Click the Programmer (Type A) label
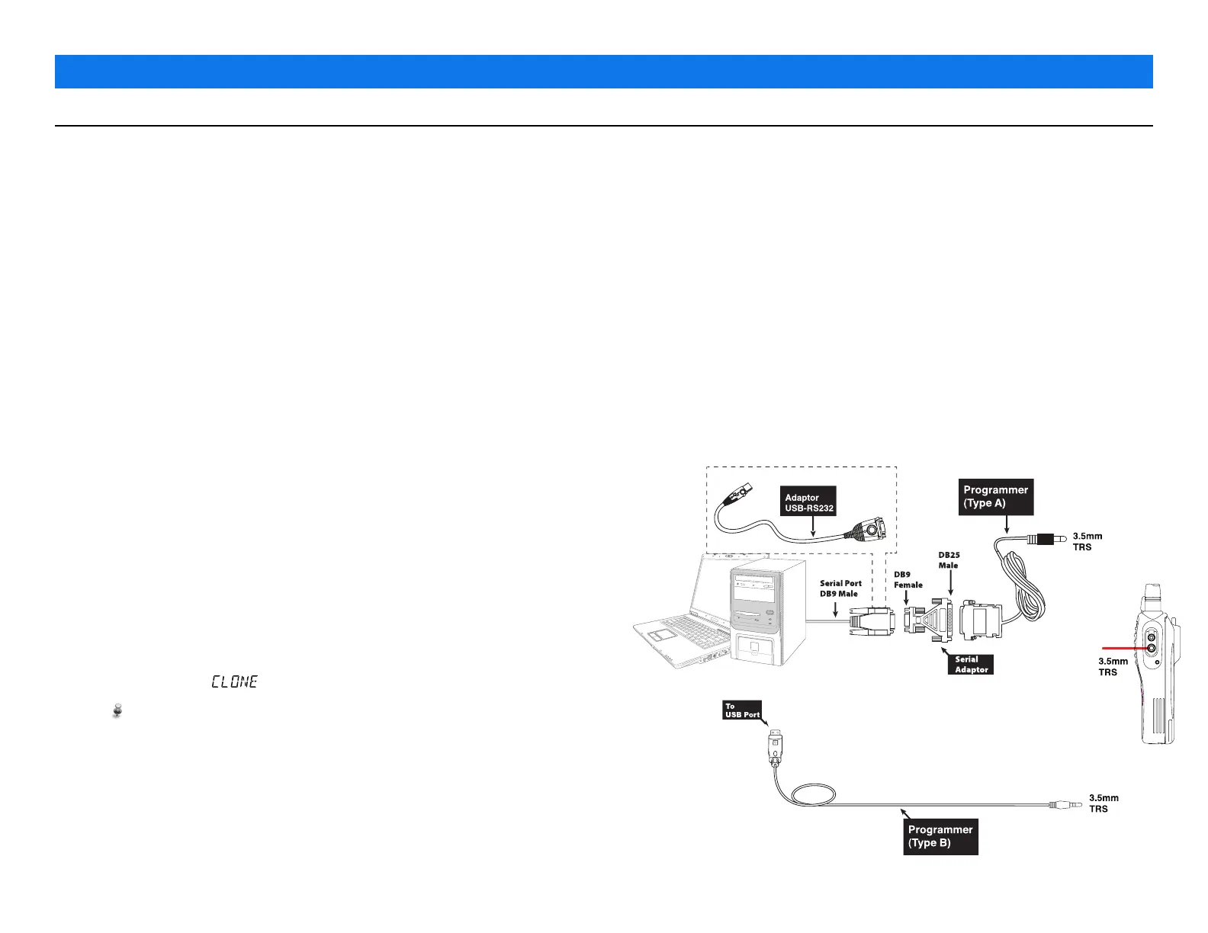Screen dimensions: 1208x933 click(x=995, y=496)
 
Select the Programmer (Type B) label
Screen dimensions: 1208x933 click(x=940, y=836)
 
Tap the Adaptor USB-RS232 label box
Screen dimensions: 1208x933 click(x=809, y=502)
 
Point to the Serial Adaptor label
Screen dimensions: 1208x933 click(x=971, y=665)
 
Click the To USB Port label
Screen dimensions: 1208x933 click(x=742, y=710)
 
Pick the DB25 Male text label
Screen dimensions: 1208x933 click(x=949, y=560)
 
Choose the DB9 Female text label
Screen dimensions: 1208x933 click(x=908, y=580)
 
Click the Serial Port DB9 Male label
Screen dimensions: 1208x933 click(x=840, y=588)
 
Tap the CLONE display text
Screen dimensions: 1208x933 click(x=234, y=681)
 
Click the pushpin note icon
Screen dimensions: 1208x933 click(x=117, y=711)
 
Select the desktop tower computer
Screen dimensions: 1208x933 click(x=767, y=614)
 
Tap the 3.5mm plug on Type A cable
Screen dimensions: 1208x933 click(x=1048, y=539)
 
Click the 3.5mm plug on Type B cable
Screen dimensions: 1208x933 click(x=1063, y=804)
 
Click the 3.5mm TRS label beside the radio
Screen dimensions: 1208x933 click(x=1113, y=667)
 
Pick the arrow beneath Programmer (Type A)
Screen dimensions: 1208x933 click(x=1007, y=524)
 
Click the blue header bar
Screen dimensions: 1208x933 click(x=603, y=72)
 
